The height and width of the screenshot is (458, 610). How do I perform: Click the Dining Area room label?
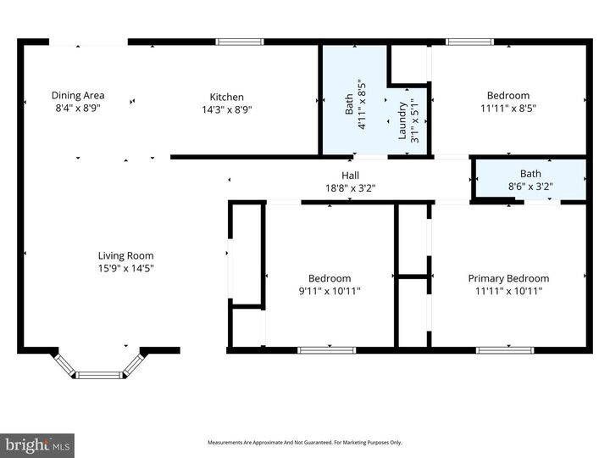pos(78,96)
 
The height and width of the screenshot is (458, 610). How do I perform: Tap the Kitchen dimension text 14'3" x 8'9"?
pos(226,109)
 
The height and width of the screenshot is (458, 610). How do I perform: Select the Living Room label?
pos(125,255)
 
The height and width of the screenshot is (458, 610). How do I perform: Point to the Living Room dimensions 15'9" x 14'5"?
pos(125,268)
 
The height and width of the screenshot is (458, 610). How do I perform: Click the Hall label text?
pos(350,175)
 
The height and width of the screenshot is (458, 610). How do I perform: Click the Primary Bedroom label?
pos(508,278)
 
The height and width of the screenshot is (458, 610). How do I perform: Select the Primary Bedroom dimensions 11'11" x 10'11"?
pos(508,291)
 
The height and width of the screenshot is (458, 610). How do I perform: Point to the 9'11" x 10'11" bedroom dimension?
pos(330,291)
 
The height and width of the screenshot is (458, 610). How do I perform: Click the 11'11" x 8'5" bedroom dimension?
pos(508,109)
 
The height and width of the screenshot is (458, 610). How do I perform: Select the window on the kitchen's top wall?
pos(240,42)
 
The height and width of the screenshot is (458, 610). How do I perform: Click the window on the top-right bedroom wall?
pos(470,42)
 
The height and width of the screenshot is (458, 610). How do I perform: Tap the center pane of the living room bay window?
pos(100,374)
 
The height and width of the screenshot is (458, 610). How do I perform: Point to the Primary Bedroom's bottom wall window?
pos(505,349)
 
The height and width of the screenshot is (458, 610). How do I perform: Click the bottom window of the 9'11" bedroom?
pos(327,349)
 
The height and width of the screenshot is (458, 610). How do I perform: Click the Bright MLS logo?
pos(37,445)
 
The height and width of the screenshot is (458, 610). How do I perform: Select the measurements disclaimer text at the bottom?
pos(305,443)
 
